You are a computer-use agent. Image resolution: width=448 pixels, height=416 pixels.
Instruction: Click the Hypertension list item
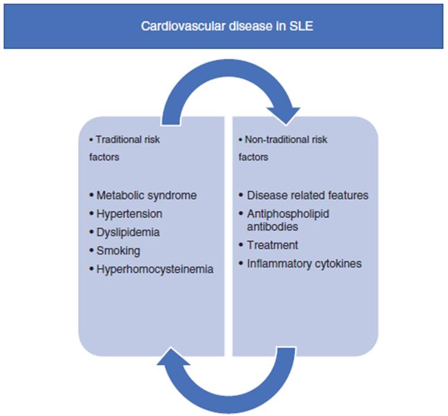click(x=130, y=214)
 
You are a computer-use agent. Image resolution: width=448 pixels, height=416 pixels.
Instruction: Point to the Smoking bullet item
click(x=118, y=250)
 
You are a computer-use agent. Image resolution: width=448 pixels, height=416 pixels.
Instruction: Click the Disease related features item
click(x=307, y=195)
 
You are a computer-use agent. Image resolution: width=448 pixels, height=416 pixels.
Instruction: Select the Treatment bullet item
click(x=272, y=245)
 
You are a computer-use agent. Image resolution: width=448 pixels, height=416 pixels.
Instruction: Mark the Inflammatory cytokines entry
click(x=304, y=263)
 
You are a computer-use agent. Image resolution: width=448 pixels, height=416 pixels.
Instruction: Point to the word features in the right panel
click(x=346, y=195)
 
